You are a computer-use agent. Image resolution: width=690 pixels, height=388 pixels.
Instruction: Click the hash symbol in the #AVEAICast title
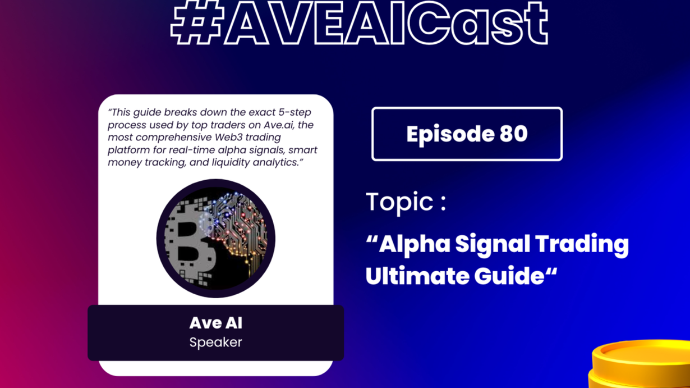[x=197, y=22]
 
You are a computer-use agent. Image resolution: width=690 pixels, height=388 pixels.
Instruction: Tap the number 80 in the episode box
[x=513, y=134]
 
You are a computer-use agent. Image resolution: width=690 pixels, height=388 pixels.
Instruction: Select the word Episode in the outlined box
[x=450, y=135]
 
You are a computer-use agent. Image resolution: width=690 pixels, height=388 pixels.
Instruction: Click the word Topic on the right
[x=400, y=202]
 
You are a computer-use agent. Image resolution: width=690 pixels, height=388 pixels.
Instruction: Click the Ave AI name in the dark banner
[x=215, y=323]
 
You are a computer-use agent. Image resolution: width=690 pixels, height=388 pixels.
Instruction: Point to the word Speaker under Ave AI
[x=215, y=343]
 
